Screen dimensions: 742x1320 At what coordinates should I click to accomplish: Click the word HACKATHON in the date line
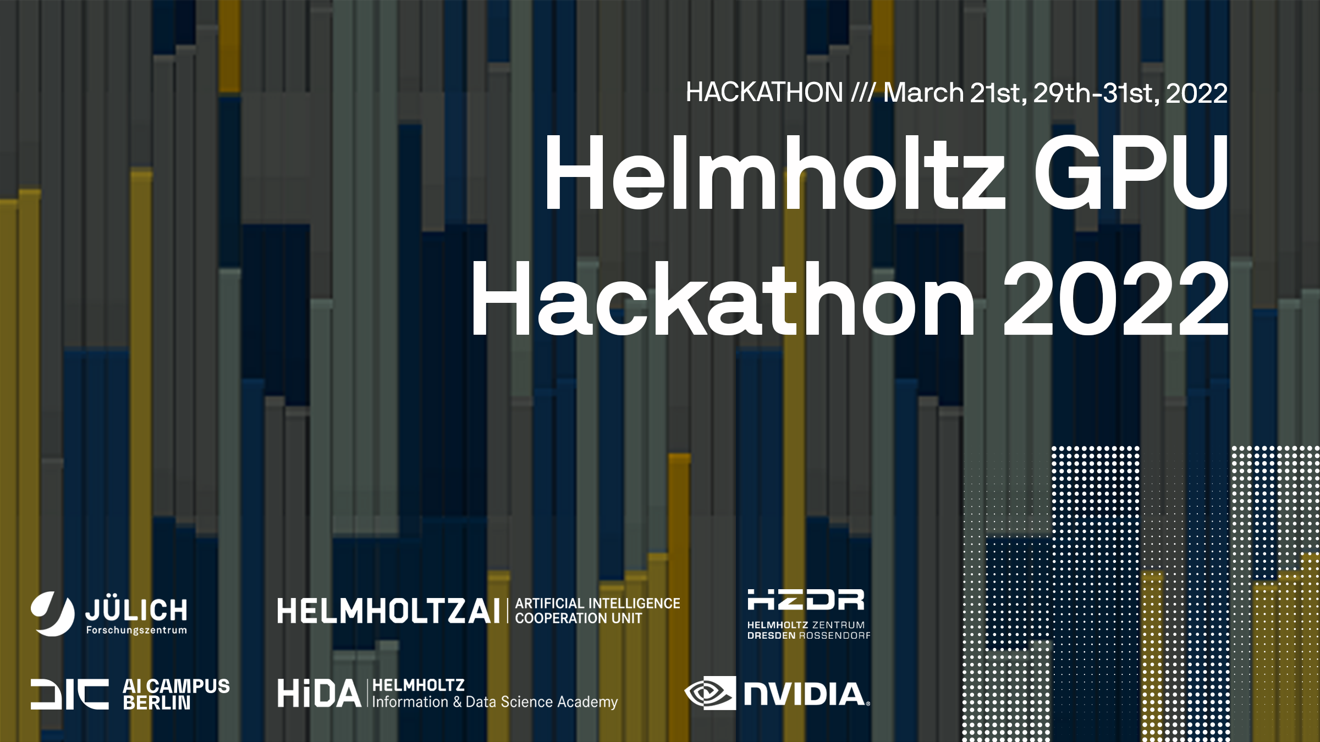[x=764, y=92]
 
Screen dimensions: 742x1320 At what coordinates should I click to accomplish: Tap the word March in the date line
[x=923, y=92]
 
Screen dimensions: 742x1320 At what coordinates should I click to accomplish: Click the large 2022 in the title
[x=1116, y=300]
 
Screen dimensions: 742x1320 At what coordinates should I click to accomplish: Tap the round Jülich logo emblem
[x=52, y=613]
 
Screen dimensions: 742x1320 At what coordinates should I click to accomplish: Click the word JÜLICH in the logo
[x=136, y=610]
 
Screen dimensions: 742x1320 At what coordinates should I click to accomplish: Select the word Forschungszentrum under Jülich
[x=136, y=630]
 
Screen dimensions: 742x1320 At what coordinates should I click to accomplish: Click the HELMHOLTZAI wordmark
[x=388, y=611]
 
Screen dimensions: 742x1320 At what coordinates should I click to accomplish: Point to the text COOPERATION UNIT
[x=578, y=619]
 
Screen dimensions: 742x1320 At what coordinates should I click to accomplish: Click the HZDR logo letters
[x=806, y=600]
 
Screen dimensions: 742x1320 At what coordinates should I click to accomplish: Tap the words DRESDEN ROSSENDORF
[x=809, y=636]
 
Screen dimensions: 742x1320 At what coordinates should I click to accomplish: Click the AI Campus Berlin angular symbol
[x=69, y=694]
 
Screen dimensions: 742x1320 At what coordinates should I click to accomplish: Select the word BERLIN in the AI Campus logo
[x=156, y=703]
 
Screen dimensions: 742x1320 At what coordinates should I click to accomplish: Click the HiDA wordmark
[x=319, y=693]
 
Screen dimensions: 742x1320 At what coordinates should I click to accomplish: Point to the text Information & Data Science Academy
[x=495, y=702]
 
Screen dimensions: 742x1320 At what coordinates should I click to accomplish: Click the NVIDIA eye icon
[x=710, y=693]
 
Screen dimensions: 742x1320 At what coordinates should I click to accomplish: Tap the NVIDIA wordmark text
[x=805, y=694]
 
